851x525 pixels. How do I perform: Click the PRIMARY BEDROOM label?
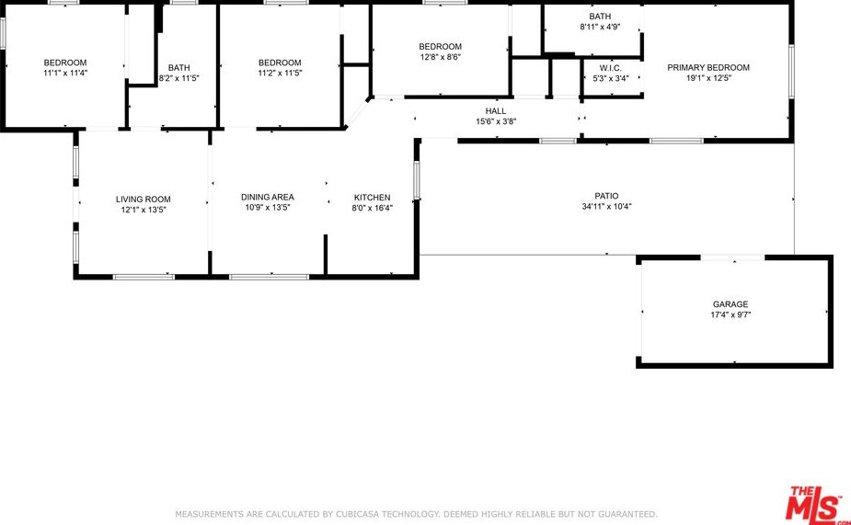[707, 67]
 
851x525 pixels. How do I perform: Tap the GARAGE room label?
[730, 304]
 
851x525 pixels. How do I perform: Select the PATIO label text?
[606, 196]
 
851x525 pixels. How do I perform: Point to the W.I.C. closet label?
[610, 68]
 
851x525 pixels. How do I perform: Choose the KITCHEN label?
[372, 198]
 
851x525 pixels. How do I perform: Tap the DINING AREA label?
[267, 197]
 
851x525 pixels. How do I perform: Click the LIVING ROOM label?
[143, 199]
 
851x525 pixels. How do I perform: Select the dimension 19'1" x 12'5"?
[707, 78]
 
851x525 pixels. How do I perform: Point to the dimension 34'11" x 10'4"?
[606, 207]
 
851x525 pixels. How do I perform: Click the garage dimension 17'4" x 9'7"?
[730, 315]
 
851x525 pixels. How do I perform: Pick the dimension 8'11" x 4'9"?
[599, 28]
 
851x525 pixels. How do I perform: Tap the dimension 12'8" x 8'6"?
[440, 57]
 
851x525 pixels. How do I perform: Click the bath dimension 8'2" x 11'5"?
[178, 78]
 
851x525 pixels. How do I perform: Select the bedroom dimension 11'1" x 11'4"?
[64, 74]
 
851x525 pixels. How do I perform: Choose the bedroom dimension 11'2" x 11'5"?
[279, 74]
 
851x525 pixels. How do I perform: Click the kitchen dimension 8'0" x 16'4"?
[372, 209]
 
